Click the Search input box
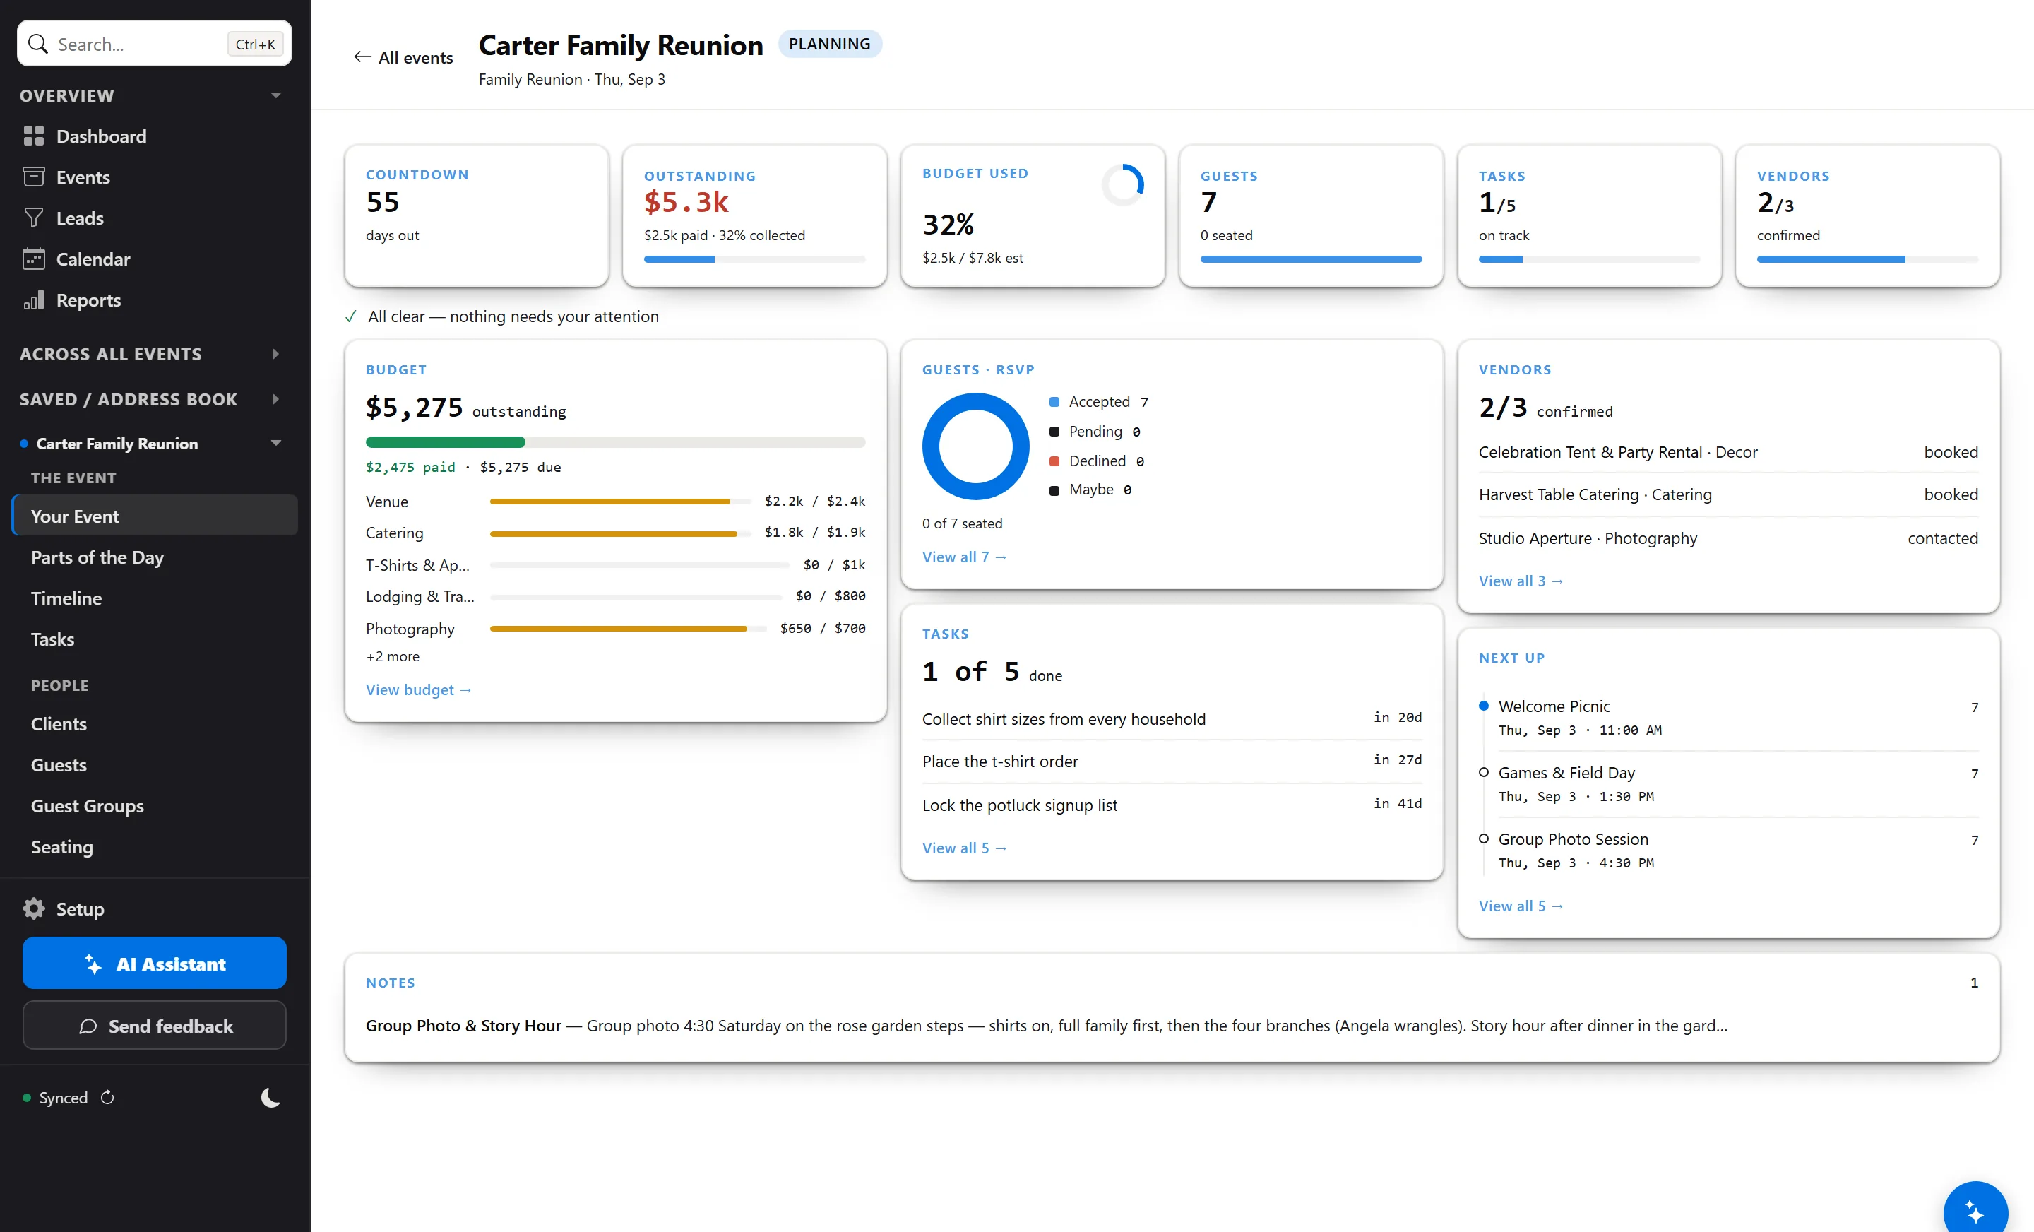(x=155, y=44)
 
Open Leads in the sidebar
(x=79, y=218)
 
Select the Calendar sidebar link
(x=93, y=259)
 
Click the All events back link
(x=404, y=57)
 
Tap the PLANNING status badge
(x=830, y=44)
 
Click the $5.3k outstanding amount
(x=686, y=201)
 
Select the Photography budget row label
(x=410, y=629)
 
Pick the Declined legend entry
(x=1096, y=461)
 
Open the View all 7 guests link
(x=964, y=557)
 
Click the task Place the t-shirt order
(x=999, y=762)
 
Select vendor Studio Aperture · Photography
(x=1588, y=538)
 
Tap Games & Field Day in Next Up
(x=1566, y=773)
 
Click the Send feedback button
(x=155, y=1026)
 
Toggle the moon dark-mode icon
(x=270, y=1097)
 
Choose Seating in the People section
(x=62, y=847)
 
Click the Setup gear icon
(x=34, y=908)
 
